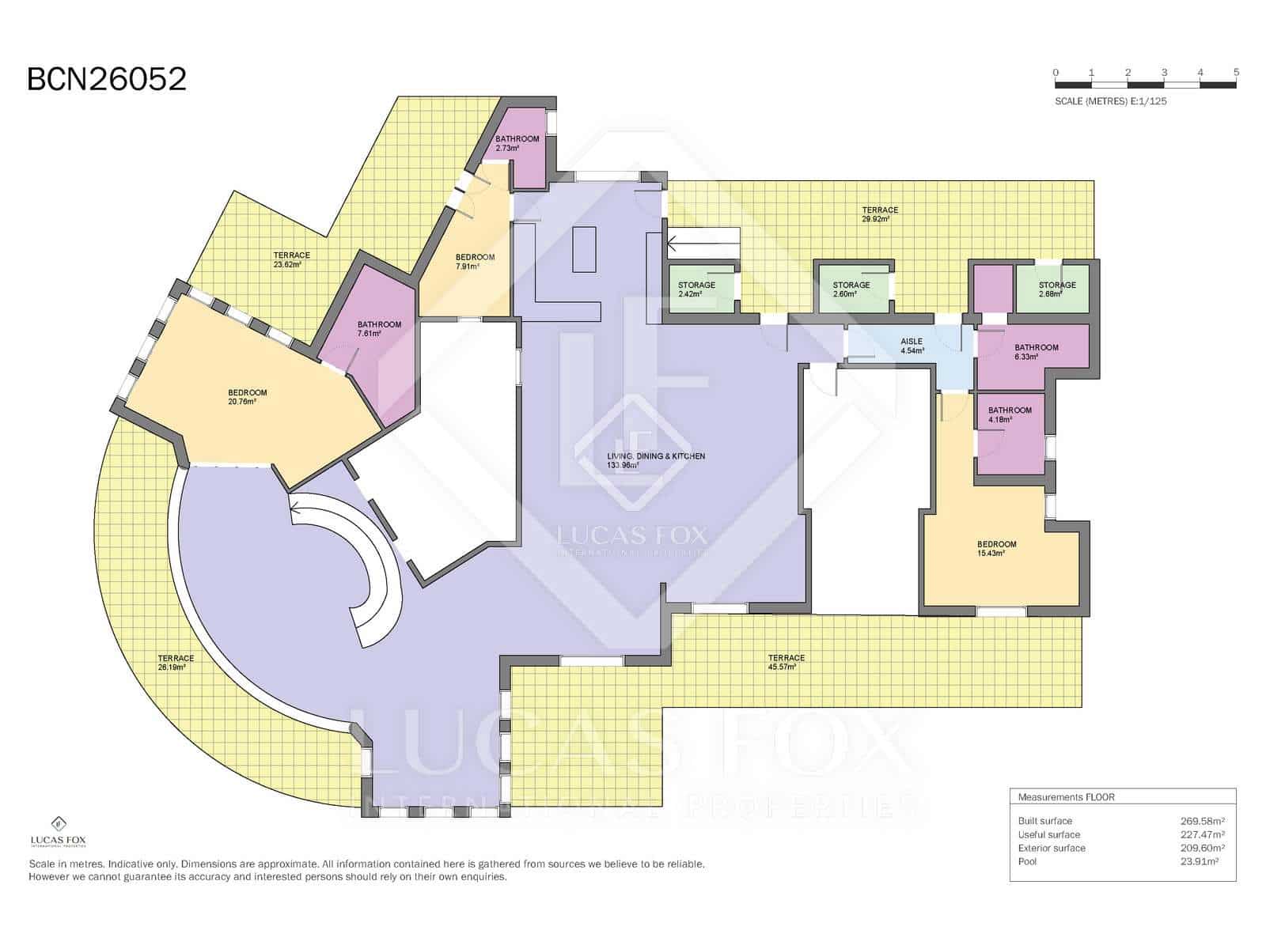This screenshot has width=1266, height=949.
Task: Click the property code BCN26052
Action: pyautogui.click(x=107, y=79)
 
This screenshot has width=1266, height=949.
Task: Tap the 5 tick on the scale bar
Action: pyautogui.click(x=1236, y=73)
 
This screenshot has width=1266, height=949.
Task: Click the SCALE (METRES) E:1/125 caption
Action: pyautogui.click(x=1110, y=101)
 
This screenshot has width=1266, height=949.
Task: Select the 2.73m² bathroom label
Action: pyautogui.click(x=517, y=143)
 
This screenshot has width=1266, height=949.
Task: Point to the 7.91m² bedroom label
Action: pyautogui.click(x=475, y=262)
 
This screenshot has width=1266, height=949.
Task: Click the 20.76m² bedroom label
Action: pyautogui.click(x=247, y=397)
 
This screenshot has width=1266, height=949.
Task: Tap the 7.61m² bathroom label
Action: pyautogui.click(x=379, y=329)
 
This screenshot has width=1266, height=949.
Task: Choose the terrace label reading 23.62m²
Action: pyautogui.click(x=291, y=259)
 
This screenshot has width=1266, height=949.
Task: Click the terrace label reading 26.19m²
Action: pyautogui.click(x=176, y=663)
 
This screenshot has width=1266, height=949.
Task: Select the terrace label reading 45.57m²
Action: pyautogui.click(x=786, y=662)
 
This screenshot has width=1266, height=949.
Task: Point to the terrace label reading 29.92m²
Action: pyautogui.click(x=880, y=214)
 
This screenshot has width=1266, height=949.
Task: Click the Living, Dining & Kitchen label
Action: pyautogui.click(x=655, y=460)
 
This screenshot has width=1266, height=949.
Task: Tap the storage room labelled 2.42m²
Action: pyautogui.click(x=696, y=289)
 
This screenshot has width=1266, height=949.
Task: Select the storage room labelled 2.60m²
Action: pyautogui.click(x=851, y=289)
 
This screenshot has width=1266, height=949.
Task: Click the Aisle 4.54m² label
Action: pyautogui.click(x=912, y=346)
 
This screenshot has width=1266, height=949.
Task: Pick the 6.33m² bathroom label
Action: pyautogui.click(x=1036, y=352)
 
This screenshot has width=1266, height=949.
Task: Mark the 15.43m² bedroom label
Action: pyautogui.click(x=996, y=549)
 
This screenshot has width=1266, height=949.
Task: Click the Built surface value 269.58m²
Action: pyautogui.click(x=1202, y=821)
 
